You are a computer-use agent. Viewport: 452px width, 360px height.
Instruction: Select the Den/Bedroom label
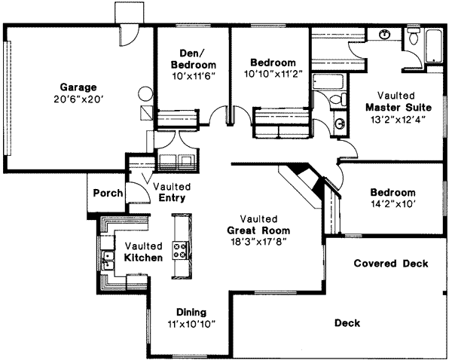tap(193, 58)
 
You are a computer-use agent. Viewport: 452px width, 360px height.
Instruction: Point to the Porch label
tap(108, 193)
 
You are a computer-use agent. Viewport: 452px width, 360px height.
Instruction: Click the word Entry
tap(173, 198)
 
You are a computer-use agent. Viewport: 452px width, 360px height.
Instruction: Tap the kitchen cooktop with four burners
tap(181, 249)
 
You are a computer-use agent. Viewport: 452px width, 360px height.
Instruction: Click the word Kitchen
tap(144, 258)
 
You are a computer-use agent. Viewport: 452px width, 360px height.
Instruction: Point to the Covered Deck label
tap(390, 264)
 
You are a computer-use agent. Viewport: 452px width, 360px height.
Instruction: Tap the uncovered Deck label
tap(347, 323)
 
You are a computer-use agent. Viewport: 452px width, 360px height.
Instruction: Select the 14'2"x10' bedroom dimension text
tap(392, 203)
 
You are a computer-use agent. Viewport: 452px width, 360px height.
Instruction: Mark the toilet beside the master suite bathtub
tap(414, 38)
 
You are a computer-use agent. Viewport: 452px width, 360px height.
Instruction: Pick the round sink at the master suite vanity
tap(385, 34)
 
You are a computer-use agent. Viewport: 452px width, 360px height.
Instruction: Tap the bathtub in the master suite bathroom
tap(435, 45)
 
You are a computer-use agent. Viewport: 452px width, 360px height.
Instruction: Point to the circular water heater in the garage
tap(144, 95)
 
